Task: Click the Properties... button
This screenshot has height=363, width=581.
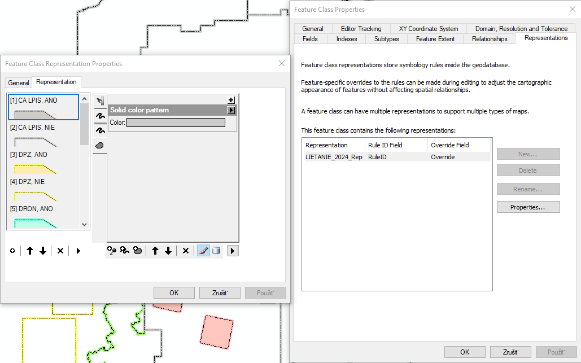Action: [x=528, y=207]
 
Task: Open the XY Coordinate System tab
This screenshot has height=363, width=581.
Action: [x=429, y=29]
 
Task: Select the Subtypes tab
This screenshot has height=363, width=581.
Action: [x=386, y=39]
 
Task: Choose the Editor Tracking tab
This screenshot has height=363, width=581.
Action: [x=361, y=29]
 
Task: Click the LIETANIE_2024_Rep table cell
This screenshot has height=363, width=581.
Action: [x=334, y=157]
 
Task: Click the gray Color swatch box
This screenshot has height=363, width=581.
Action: [x=176, y=123]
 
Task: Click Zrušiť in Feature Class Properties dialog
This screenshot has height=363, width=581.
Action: [x=510, y=352]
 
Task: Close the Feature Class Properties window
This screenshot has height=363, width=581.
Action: [x=573, y=9]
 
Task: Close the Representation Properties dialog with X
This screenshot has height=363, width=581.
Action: [x=282, y=63]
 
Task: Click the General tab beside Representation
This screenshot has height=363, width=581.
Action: [x=19, y=83]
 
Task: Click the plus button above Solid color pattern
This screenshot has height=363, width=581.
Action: [x=231, y=100]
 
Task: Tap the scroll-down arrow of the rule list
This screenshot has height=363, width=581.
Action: [x=85, y=225]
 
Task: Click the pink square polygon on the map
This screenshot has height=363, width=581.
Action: [x=217, y=332]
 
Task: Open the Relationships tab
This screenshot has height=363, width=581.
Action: [x=490, y=39]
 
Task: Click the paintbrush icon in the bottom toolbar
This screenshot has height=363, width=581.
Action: [x=203, y=251]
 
